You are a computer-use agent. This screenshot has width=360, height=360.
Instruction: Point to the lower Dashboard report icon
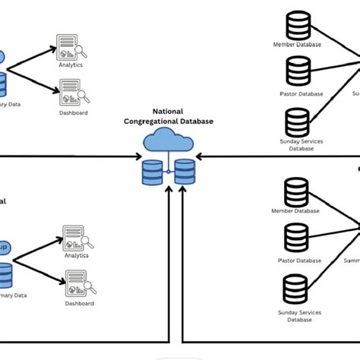click(x=76, y=284)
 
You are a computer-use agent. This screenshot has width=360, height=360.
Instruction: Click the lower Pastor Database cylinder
click(x=295, y=238)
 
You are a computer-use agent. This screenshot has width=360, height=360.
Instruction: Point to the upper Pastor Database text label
click(x=296, y=93)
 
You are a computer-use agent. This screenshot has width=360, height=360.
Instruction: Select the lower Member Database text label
click(x=296, y=211)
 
